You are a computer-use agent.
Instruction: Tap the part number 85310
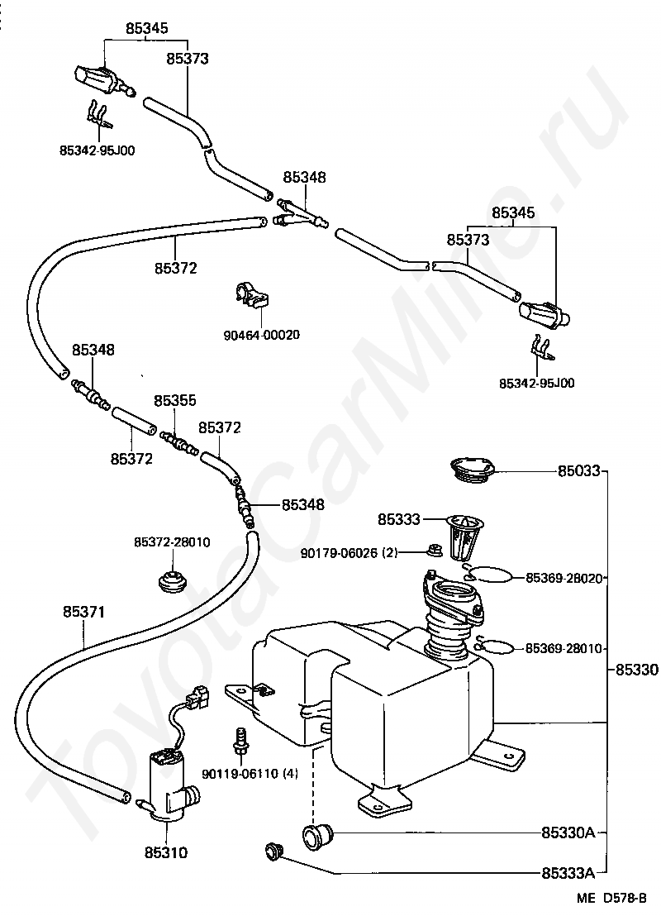tap(166, 853)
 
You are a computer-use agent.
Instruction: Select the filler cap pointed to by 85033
tap(473, 470)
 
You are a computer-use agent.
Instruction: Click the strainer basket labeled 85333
tap(465, 535)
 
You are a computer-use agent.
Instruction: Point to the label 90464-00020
tap(262, 335)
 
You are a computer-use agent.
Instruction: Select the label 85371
tap(84, 612)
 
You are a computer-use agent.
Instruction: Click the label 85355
tap(175, 400)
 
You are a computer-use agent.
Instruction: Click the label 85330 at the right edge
tap(636, 670)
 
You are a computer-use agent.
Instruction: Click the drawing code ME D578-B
tap(612, 898)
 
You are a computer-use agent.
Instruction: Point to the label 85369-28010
tap(564, 648)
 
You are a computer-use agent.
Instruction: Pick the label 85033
tap(578, 471)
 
